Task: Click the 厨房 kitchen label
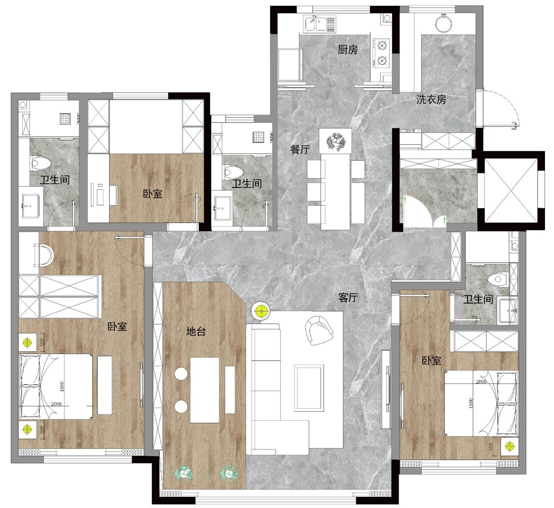348,50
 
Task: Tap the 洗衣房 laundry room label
431,99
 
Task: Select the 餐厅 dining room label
300,150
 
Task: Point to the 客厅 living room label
348,298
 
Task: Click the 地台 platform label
196,331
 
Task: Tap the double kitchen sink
320,24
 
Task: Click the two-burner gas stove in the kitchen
382,53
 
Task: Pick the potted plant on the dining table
335,141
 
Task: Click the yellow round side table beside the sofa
261,311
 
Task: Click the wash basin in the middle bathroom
223,208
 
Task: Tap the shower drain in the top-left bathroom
66,118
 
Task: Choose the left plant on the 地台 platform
184,473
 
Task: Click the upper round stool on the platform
181,373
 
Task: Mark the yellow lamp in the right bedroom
510,446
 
